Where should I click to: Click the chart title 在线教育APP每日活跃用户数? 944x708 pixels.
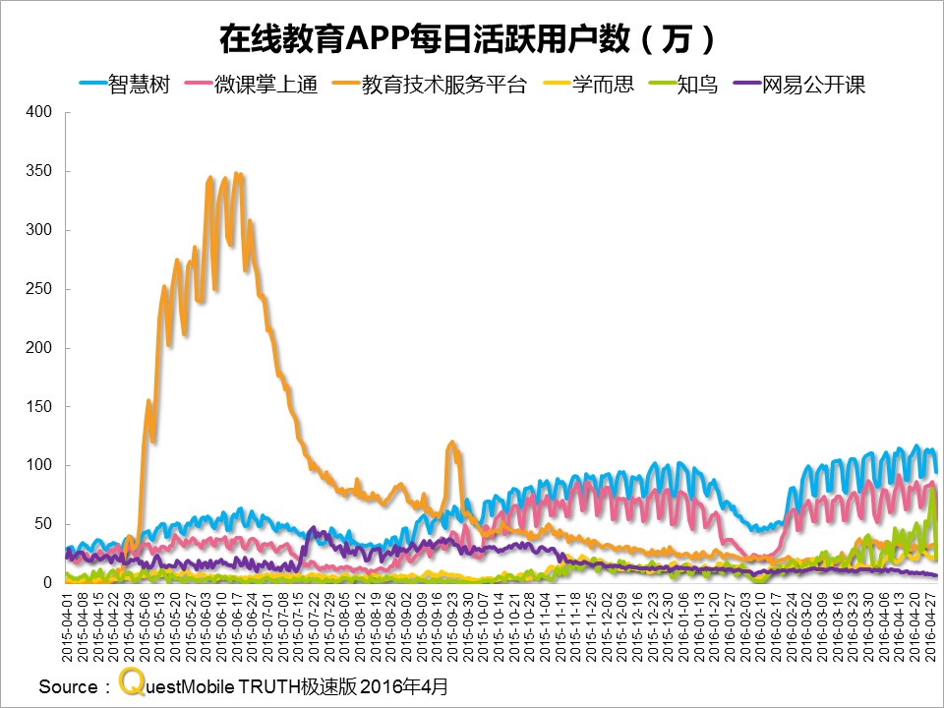[x=462, y=40]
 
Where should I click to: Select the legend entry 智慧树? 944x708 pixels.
[x=139, y=85]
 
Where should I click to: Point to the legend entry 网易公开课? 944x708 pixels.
[x=812, y=85]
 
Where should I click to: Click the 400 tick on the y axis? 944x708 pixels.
[x=38, y=112]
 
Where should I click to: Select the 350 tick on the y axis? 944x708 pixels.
[x=38, y=171]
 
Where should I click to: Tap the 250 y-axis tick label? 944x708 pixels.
[x=38, y=289]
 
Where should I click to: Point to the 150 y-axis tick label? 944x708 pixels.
[x=38, y=406]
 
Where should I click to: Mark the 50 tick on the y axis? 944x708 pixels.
[x=41, y=524]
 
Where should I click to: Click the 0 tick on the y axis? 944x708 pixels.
[x=46, y=583]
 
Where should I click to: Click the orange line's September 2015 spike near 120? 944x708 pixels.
[x=451, y=443]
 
